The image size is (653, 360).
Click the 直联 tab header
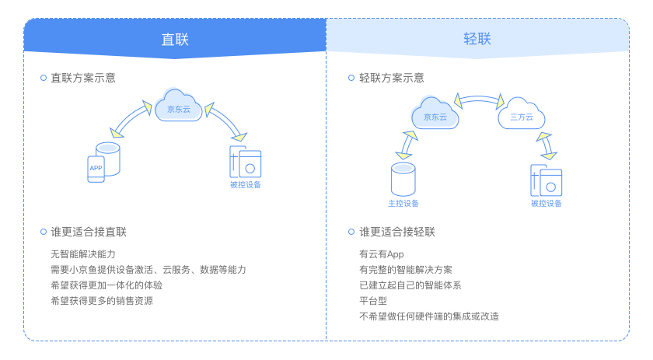click(175, 39)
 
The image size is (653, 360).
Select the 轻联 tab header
click(477, 39)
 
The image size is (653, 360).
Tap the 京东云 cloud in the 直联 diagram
click(179, 107)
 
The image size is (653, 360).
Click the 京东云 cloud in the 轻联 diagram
click(435, 115)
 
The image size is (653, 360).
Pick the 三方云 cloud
click(521, 115)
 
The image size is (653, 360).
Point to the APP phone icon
click(96, 169)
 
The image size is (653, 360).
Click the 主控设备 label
click(403, 204)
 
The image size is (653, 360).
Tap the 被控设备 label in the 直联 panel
click(245, 185)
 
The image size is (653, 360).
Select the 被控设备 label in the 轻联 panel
click(546, 204)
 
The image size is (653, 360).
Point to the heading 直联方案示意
click(83, 78)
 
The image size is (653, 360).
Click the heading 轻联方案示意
click(392, 78)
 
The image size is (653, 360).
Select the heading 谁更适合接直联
click(89, 232)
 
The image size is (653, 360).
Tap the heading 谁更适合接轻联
click(397, 232)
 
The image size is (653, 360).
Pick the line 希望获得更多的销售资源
click(101, 300)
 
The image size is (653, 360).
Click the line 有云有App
click(382, 254)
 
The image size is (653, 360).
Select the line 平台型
click(372, 300)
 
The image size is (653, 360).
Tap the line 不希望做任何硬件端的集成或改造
click(428, 316)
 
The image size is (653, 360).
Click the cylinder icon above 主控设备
click(403, 179)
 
